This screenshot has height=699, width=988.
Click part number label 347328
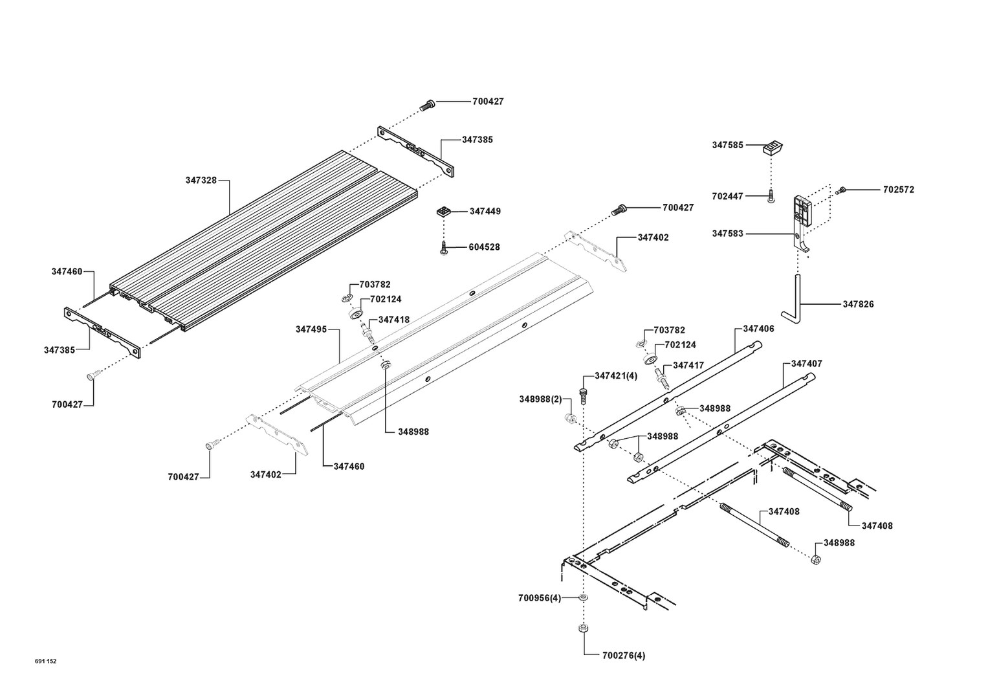click(x=201, y=181)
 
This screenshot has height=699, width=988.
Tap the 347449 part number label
click(x=485, y=212)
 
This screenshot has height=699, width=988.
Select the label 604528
click(x=484, y=247)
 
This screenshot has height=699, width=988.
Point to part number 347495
click(x=311, y=329)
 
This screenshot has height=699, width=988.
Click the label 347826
click(x=858, y=304)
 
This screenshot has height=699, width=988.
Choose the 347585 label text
click(x=728, y=146)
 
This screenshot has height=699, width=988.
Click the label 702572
click(x=899, y=190)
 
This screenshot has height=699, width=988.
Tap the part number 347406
click(x=758, y=329)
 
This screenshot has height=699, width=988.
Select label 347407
click(x=806, y=364)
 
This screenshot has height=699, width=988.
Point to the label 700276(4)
click(x=623, y=656)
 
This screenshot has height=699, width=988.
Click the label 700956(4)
click(x=540, y=597)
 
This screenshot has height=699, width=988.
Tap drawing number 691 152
click(x=46, y=661)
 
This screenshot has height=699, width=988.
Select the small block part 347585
click(x=773, y=148)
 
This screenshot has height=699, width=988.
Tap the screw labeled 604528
click(x=445, y=247)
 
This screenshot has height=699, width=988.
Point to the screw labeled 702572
click(x=841, y=190)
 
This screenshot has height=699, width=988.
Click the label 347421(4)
click(x=616, y=376)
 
